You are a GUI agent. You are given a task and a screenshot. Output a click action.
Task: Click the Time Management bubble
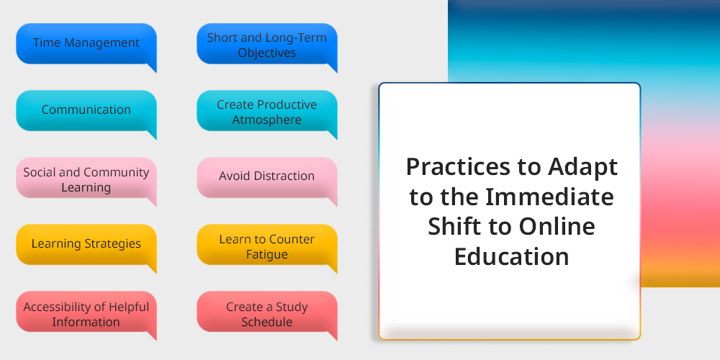[x=86, y=44]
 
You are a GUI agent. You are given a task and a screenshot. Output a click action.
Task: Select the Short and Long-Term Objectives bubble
[x=267, y=44]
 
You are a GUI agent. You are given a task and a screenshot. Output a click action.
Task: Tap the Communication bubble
[x=86, y=111]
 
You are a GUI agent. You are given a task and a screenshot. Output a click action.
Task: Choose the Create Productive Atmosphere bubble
[x=267, y=111]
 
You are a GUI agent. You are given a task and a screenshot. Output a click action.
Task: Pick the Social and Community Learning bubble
[x=86, y=178]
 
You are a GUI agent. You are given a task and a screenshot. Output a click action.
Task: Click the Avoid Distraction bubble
[x=267, y=178]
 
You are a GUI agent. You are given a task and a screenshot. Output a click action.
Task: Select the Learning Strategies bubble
[x=86, y=245]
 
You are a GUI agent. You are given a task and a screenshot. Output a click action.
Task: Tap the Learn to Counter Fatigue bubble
[x=267, y=245]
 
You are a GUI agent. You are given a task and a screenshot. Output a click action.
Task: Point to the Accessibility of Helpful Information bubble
[x=86, y=312]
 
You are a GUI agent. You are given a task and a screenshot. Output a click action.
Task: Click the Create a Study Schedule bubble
[x=267, y=312]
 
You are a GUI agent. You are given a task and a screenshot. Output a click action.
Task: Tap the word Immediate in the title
[x=549, y=197]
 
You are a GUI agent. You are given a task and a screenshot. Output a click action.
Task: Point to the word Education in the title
[x=511, y=256]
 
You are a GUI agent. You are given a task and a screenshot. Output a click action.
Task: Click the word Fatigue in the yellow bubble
[x=267, y=254]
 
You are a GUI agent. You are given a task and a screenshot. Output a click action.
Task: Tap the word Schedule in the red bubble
[x=267, y=322]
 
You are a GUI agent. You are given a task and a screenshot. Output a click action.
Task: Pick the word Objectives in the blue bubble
[x=267, y=53]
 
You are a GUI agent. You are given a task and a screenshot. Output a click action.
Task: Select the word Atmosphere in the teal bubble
[x=267, y=120]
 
